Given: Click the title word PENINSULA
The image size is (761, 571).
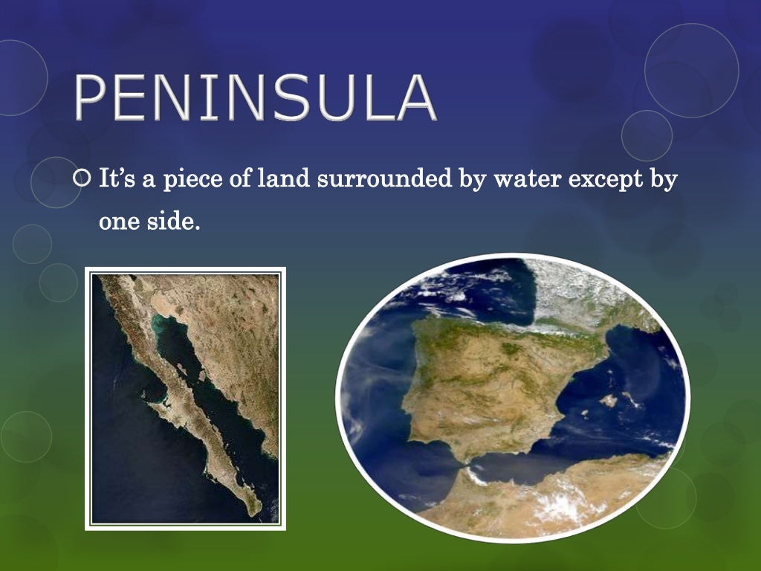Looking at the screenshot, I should pyautogui.click(x=255, y=98).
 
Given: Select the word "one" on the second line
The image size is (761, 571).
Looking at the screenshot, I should pyautogui.click(x=120, y=222).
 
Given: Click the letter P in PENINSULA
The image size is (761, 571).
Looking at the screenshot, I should pyautogui.click(x=91, y=98).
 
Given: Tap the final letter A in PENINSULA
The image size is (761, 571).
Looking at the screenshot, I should pyautogui.click(x=412, y=98).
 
